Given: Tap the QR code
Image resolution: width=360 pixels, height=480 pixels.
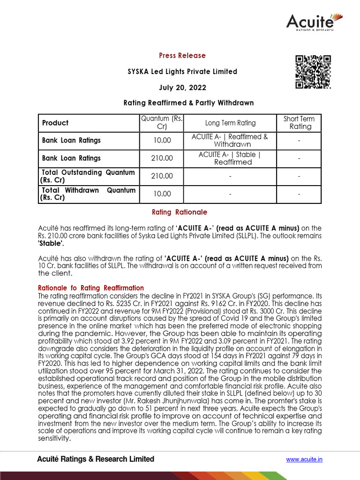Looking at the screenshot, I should click(313, 72).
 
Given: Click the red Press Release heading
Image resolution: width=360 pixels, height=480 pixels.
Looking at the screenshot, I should click(182, 56).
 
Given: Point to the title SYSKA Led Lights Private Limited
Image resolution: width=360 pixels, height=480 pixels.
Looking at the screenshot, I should click(182, 72).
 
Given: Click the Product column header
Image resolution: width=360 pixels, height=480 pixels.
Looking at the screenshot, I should click(55, 123).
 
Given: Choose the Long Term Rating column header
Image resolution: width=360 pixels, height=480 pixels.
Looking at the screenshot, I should click(230, 123).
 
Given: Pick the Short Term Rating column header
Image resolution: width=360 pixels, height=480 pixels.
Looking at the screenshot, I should click(299, 123).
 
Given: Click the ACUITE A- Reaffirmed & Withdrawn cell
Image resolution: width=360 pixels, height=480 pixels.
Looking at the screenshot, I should click(230, 141).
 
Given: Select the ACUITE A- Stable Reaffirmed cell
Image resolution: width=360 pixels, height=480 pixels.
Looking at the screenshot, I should click(230, 158).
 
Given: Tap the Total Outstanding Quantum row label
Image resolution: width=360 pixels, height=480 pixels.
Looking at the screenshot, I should click(88, 176).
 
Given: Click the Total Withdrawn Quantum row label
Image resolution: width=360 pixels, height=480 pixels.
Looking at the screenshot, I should click(88, 194).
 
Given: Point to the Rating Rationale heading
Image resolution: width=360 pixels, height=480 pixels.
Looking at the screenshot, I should click(180, 212).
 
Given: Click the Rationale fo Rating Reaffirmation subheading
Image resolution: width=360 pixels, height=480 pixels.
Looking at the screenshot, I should click(90, 288).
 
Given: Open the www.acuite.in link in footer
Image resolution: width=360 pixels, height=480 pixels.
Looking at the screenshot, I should click(304, 459).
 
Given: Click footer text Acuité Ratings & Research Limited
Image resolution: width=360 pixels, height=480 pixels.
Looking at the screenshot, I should click(96, 459).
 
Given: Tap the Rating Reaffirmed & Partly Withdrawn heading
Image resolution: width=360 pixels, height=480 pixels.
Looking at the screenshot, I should click(188, 103).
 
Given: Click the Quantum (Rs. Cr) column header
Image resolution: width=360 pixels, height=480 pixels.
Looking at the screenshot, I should click(162, 123).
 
